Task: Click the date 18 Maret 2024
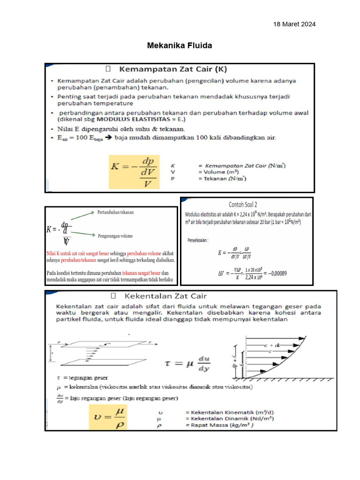pyautogui.click(x=294, y=24)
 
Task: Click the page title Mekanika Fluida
pyautogui.click(x=180, y=45)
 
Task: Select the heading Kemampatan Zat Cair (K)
pyautogui.click(x=173, y=69)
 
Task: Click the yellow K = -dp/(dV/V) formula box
pyautogui.click(x=134, y=172)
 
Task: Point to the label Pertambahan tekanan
pyautogui.click(x=115, y=212)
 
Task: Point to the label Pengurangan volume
pyautogui.click(x=115, y=236)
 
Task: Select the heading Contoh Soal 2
pyautogui.click(x=243, y=204)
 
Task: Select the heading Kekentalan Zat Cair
pyautogui.click(x=165, y=296)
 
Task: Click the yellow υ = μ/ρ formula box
pyautogui.click(x=115, y=417)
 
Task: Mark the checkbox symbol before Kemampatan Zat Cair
pyautogui.click(x=108, y=69)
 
